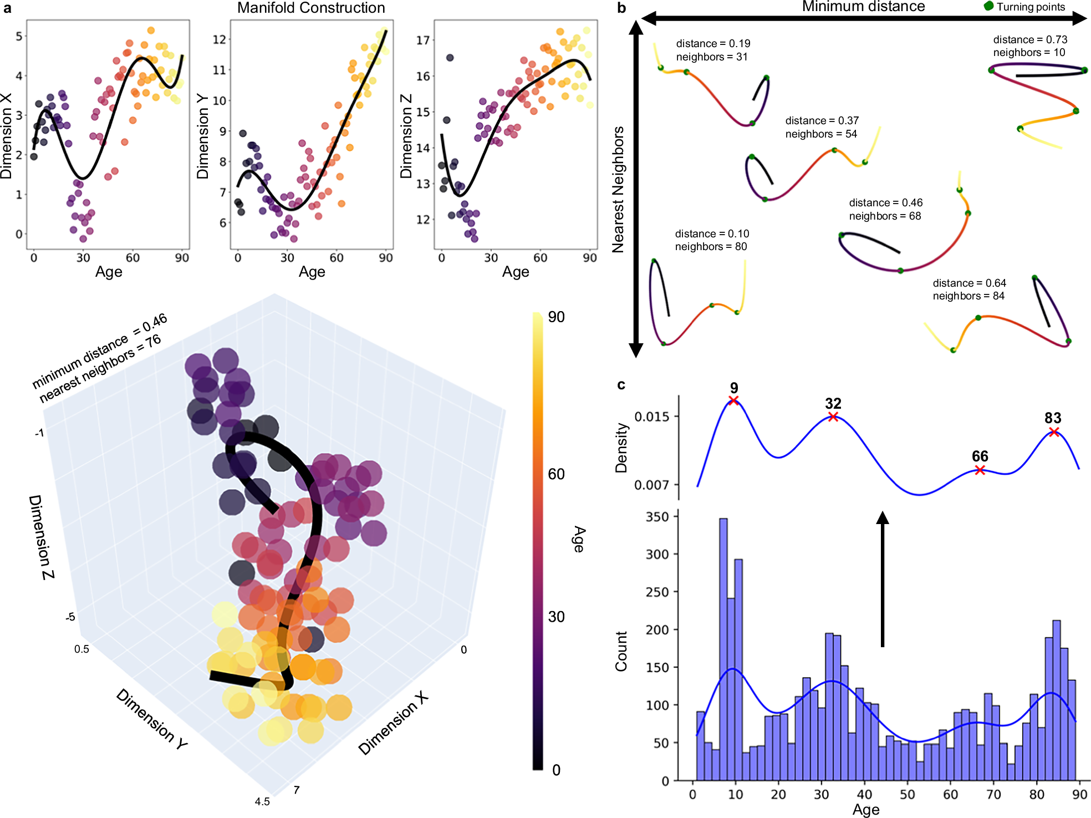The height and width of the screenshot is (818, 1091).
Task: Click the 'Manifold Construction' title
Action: coord(311,8)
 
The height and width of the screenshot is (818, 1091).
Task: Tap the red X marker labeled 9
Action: coord(733,400)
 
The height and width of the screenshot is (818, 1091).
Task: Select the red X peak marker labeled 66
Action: coord(980,470)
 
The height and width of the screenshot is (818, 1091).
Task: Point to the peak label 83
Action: coord(1053,418)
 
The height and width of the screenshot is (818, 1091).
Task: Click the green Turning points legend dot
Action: coord(988,6)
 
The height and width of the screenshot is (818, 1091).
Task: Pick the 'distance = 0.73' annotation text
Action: coord(1030,39)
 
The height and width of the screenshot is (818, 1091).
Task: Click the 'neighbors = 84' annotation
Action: coord(968,296)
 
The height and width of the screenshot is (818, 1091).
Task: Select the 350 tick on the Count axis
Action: coord(657,517)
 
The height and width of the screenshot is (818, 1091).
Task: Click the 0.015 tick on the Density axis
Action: coord(651,416)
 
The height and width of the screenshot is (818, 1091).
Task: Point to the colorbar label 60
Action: coord(556,474)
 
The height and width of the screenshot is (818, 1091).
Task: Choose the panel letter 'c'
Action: coord(621,385)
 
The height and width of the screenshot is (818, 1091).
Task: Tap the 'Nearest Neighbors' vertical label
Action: coord(618,190)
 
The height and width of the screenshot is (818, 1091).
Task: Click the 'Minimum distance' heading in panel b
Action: coord(863,7)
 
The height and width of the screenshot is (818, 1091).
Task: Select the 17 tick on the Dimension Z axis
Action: coord(423,40)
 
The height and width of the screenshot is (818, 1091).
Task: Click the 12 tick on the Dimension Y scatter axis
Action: coord(220,39)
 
